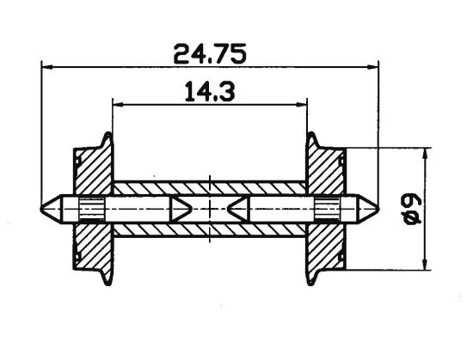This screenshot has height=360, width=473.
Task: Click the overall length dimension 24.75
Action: click(211, 54)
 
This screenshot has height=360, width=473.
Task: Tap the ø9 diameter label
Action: click(410, 208)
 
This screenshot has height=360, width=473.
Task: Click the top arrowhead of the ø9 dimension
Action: click(423, 153)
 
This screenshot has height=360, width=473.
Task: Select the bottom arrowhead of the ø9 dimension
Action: click(423, 264)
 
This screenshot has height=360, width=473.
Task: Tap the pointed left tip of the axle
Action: click(46, 208)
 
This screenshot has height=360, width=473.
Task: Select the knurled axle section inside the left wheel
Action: click(91, 208)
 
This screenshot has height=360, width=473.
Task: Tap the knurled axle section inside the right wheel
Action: click(328, 208)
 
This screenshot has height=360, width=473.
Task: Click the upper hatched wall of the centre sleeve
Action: click(210, 187)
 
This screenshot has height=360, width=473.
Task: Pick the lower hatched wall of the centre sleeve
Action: click(210, 229)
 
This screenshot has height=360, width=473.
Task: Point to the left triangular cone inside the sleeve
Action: click(181, 208)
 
